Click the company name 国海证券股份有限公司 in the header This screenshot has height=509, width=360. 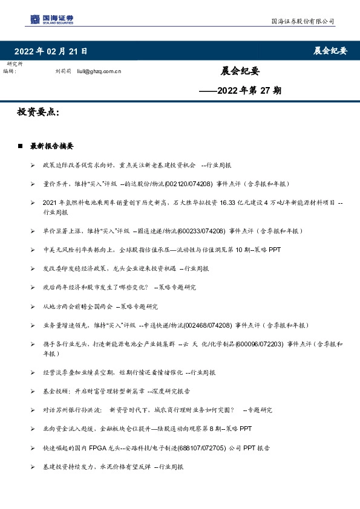[302, 21]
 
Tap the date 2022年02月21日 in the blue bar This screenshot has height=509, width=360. [51, 51]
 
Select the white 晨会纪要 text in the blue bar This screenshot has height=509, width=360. [330, 51]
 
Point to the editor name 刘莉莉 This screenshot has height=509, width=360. [63, 71]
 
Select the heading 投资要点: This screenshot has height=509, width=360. [38, 112]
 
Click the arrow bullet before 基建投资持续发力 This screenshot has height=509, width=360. [32, 467]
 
